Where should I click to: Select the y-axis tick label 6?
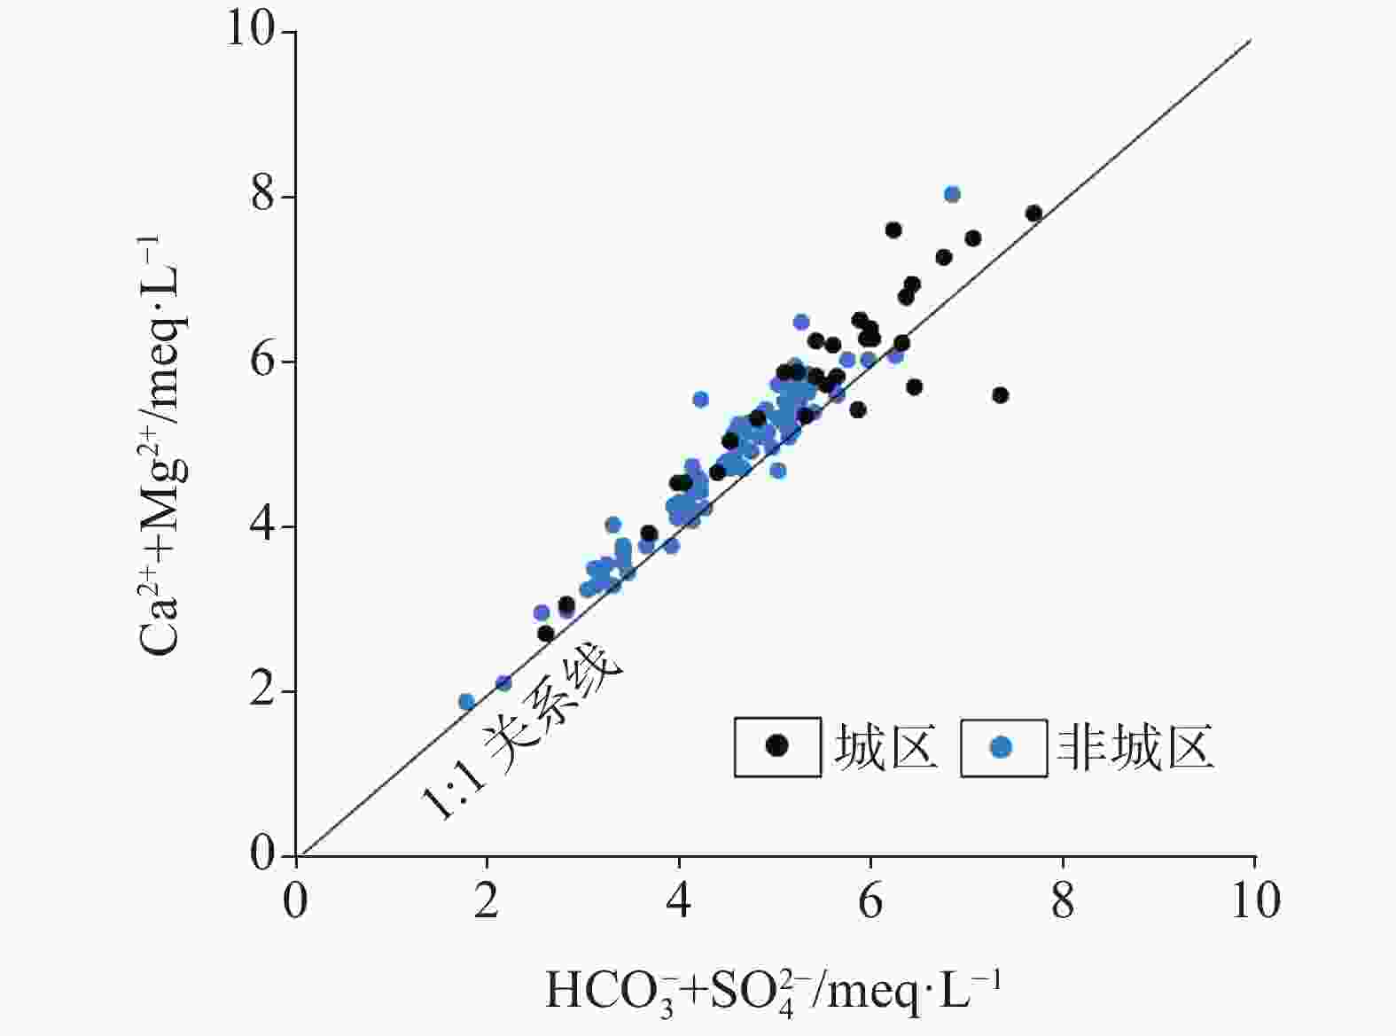pos(262,361)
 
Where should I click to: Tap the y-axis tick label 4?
pos(262,526)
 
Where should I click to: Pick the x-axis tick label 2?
pos(486,902)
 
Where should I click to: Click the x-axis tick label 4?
pos(678,902)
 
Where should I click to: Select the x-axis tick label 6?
pos(870,902)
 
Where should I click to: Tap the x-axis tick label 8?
pos(1063,902)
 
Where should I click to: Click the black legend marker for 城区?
pos(777,746)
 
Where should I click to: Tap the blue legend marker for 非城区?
pos(1002,747)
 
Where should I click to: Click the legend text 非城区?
pos(1135,747)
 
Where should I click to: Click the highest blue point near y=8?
pos(952,194)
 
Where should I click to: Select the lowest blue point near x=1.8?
pos(467,702)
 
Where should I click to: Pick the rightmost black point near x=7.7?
pos(1033,214)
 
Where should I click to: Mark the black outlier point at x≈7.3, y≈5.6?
pos(1001,395)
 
